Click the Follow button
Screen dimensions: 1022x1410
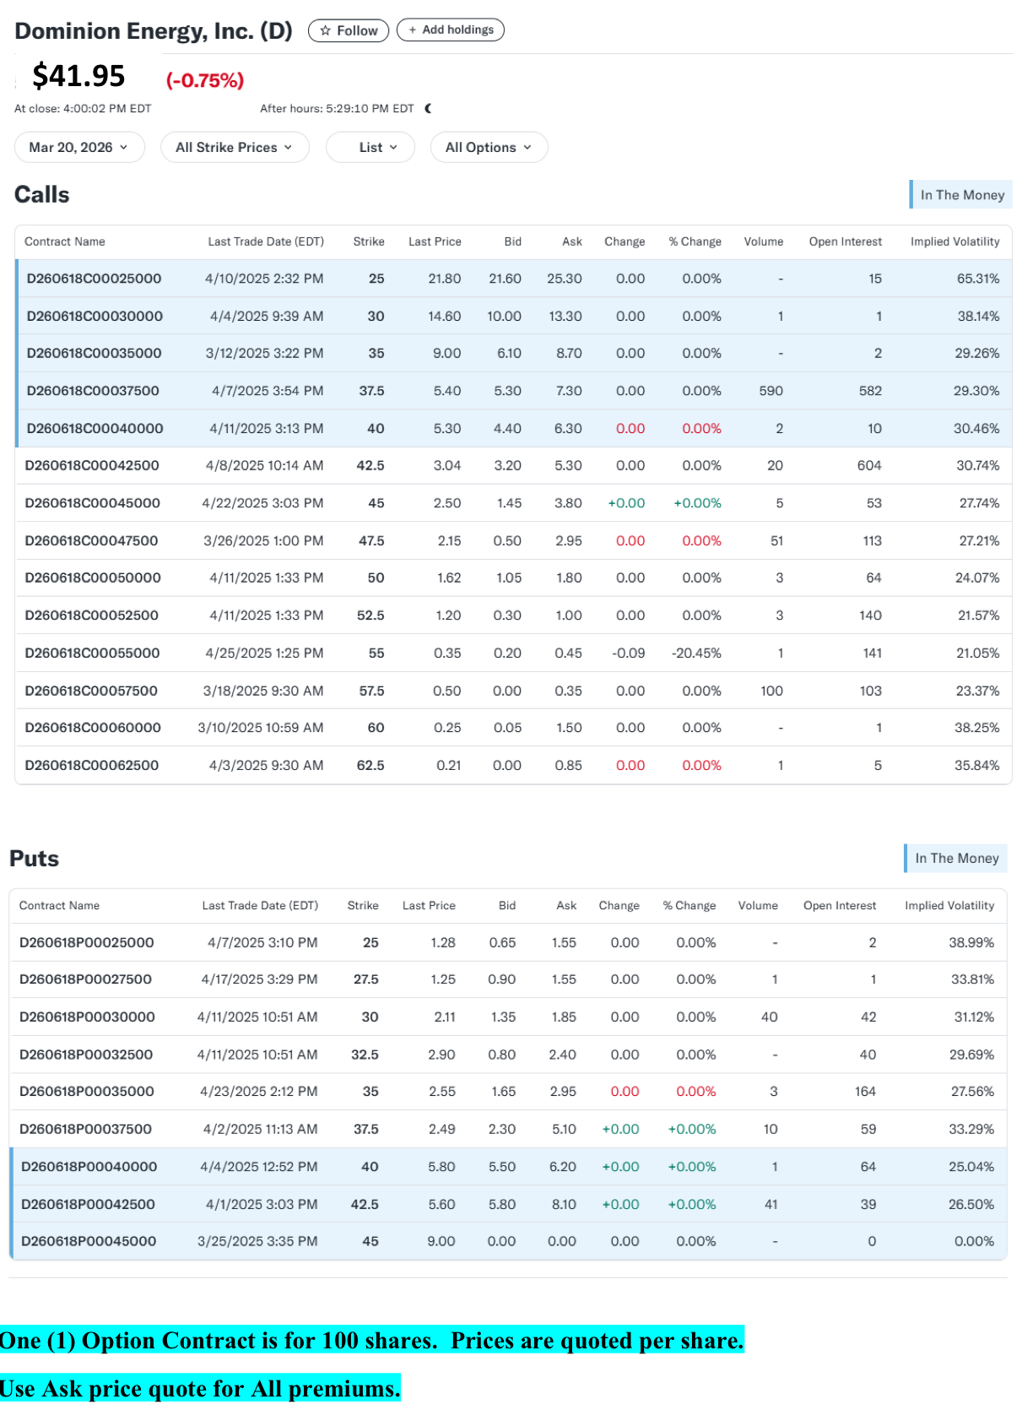(x=348, y=30)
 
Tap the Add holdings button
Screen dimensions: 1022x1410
(x=450, y=30)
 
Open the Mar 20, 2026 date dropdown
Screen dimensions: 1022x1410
(x=79, y=147)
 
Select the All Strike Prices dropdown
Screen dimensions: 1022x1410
(x=235, y=147)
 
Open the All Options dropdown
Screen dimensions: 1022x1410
(x=489, y=147)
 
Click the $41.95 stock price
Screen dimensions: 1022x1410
(x=78, y=75)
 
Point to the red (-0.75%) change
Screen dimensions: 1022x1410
(x=204, y=80)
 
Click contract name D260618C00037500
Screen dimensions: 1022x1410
(x=93, y=391)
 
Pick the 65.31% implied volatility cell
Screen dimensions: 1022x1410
(x=978, y=279)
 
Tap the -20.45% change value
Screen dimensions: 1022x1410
(x=696, y=653)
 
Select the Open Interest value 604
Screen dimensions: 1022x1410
(x=869, y=466)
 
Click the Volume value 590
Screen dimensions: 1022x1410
(x=771, y=391)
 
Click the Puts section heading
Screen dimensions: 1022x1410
(x=34, y=859)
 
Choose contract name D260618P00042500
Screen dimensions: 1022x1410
(x=88, y=1204)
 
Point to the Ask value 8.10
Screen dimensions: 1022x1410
(x=564, y=1204)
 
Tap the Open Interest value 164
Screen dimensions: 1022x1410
(x=865, y=1092)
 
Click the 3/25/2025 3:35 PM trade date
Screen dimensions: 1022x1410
(x=257, y=1241)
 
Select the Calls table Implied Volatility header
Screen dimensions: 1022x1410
(x=954, y=241)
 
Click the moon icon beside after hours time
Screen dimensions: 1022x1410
(x=429, y=108)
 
